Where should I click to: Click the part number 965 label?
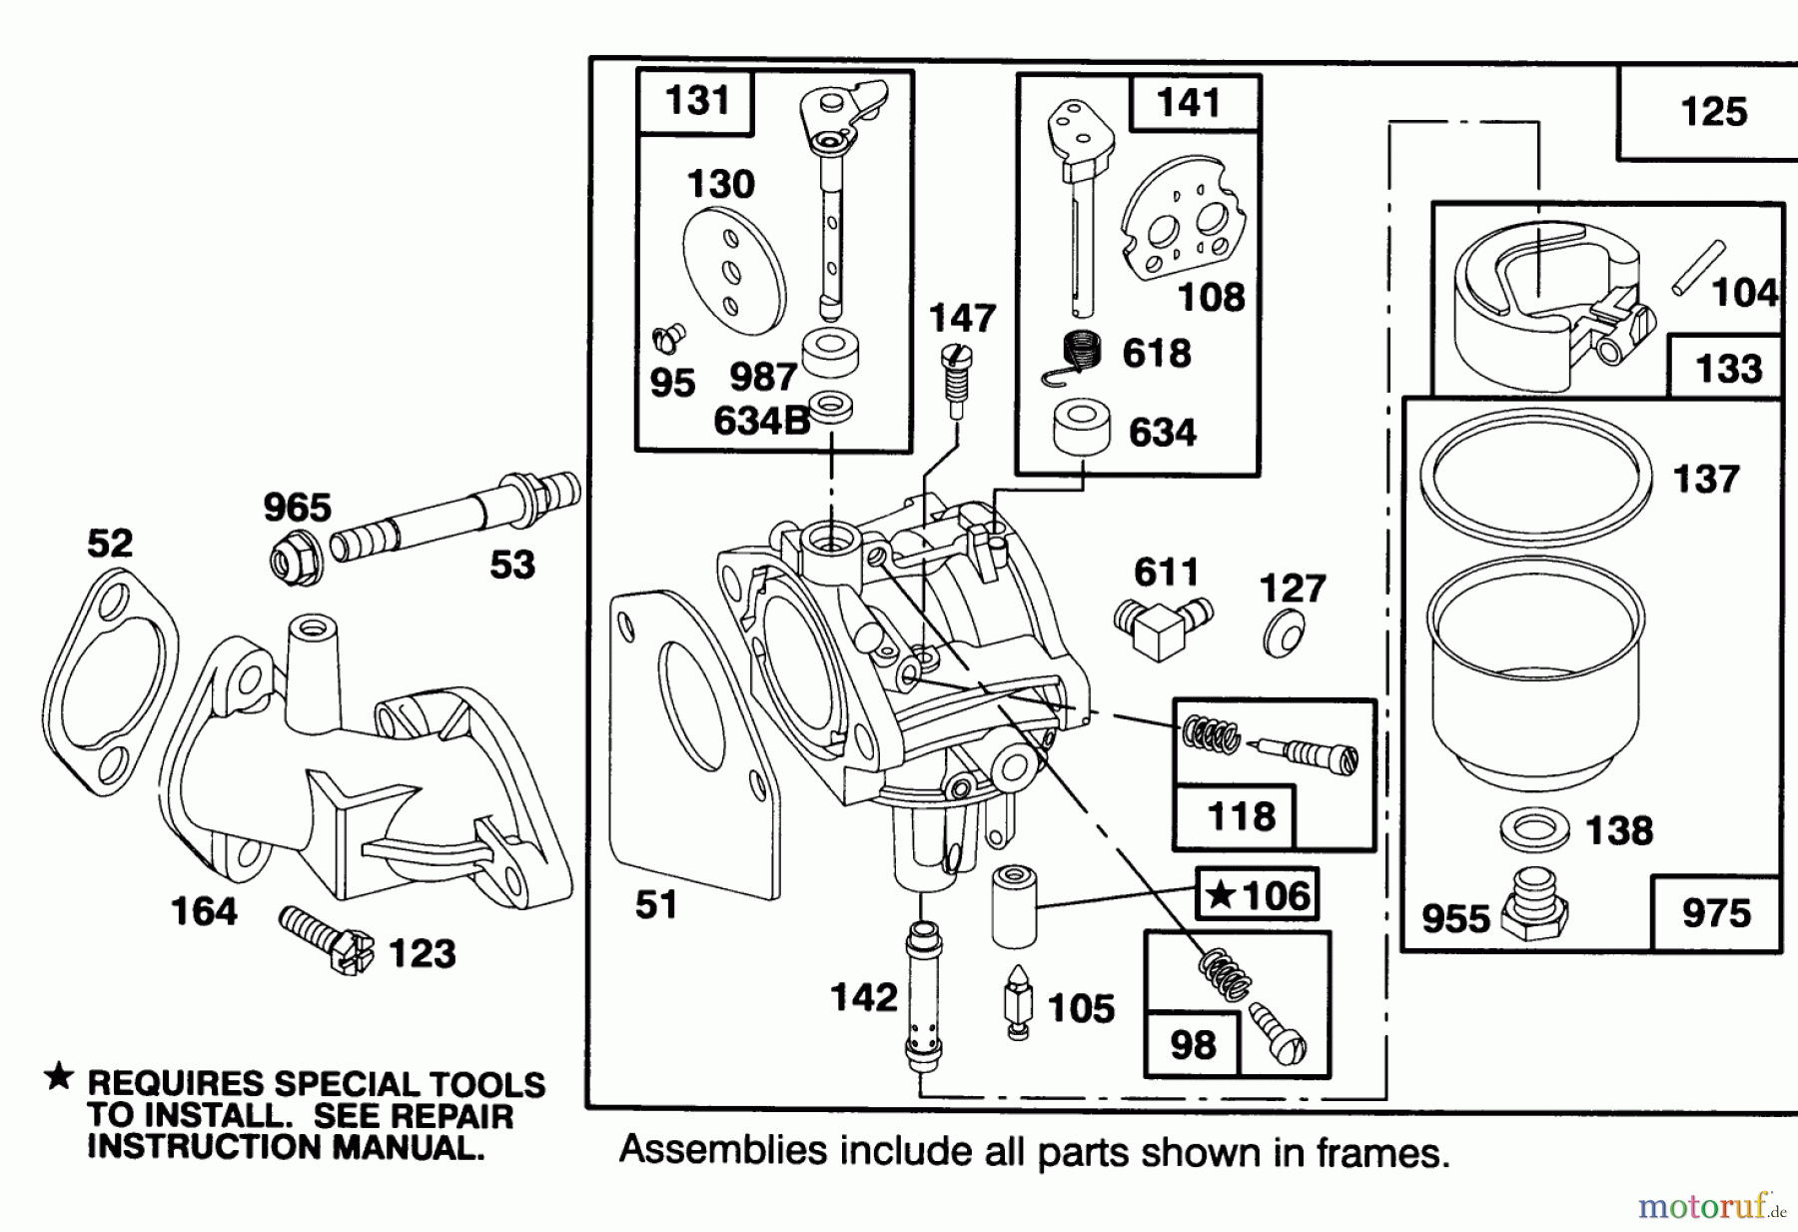[x=297, y=508]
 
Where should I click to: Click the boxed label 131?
[x=696, y=101]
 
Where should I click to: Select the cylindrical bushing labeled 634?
[x=1082, y=430]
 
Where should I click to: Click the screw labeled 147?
[x=957, y=380]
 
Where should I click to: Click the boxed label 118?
[x=1241, y=816]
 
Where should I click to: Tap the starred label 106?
[x=1258, y=894]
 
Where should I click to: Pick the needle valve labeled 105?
[x=1017, y=1002]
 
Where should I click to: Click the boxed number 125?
[x=1714, y=111]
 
